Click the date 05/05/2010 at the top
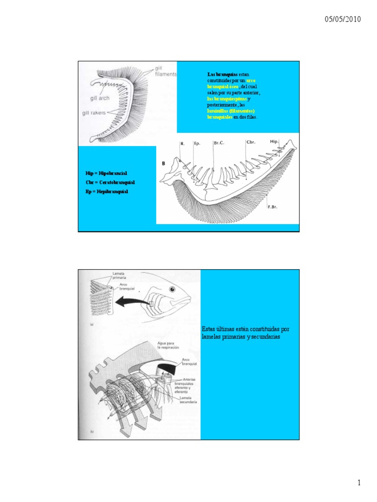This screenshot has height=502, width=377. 343,20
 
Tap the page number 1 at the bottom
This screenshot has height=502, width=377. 359,483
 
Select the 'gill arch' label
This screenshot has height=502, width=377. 100,98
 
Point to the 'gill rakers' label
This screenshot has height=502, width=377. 94,113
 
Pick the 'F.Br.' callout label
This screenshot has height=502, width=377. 272,207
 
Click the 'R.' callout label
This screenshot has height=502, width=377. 182,144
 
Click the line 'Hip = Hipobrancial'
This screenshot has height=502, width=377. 106,174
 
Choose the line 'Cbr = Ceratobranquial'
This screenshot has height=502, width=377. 110,182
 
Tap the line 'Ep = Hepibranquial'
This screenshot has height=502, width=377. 107,191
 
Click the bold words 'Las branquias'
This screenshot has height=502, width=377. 219,74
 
